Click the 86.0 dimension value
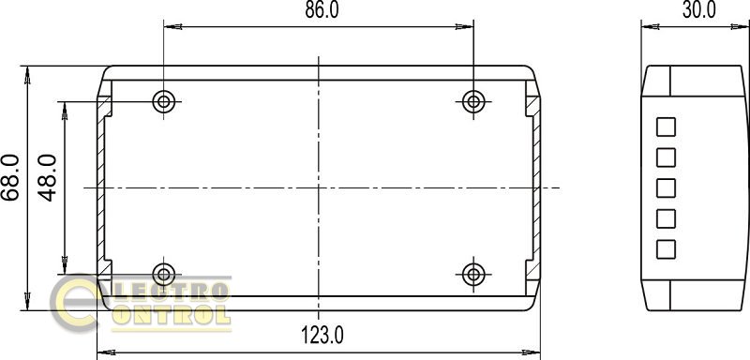pos(322,9)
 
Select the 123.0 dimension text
pos(322,335)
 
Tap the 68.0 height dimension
pos(10,177)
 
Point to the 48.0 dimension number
pos(48,177)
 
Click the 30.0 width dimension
pos(699,9)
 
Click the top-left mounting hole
pos(163,102)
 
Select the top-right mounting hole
pos(473,101)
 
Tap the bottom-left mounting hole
pos(163,275)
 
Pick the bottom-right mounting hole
pos(473,275)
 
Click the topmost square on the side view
pos(666,127)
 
